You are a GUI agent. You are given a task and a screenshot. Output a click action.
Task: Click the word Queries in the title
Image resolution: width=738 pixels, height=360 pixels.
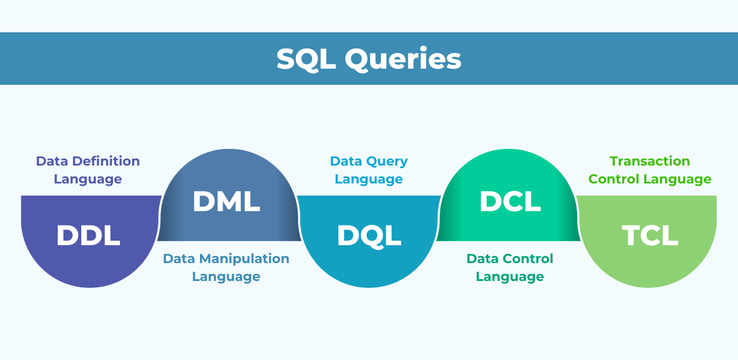pos(403,59)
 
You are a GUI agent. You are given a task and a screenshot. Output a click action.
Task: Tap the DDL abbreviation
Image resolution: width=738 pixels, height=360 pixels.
pos(88,235)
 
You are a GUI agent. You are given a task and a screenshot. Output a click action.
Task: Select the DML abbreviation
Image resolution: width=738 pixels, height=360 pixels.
pos(226,201)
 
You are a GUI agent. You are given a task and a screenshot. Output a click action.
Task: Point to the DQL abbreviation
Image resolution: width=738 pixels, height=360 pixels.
pos(369,235)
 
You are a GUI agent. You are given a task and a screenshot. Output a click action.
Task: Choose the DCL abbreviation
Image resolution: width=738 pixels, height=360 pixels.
pos(510,201)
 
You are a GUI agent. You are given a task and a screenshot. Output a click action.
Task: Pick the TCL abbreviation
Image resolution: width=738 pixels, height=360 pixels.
pos(650,235)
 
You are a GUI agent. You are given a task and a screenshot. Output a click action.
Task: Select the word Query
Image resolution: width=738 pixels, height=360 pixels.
pos(386,161)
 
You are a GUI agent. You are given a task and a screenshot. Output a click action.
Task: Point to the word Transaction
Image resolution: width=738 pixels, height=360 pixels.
pos(650,161)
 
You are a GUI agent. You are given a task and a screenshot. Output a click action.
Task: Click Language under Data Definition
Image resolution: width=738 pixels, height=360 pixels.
pos(88,179)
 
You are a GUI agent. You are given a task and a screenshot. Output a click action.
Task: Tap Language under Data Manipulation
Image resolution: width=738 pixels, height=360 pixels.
pos(226,277)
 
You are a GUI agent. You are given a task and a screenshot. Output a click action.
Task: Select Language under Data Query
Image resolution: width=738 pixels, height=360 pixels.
pos(368,179)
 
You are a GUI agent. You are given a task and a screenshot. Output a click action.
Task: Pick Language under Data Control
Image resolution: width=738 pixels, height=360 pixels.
pos(510,277)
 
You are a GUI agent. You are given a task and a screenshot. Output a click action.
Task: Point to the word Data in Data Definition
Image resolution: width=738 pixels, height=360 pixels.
pos(50,161)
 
